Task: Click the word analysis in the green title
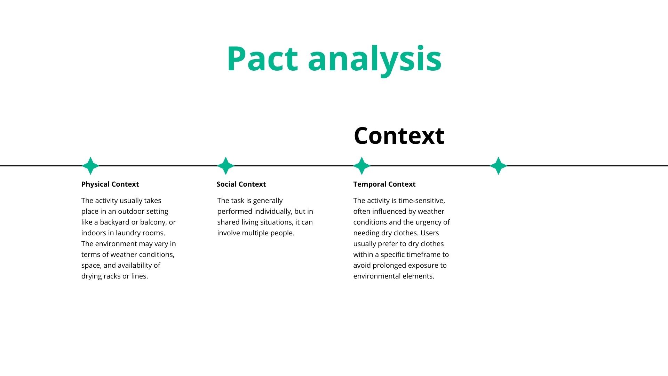point(375,59)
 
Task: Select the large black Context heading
point(399,135)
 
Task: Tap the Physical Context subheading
point(110,184)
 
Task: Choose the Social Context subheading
point(241,184)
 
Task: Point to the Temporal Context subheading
point(384,184)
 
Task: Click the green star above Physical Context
point(90,166)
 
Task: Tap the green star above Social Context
point(226,166)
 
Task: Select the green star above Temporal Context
point(362,166)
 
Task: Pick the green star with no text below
point(498,166)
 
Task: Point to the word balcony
point(153,222)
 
